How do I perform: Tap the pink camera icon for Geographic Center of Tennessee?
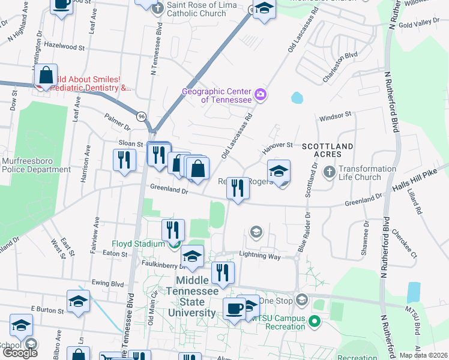click(261, 94)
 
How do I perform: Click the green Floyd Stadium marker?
click(173, 244)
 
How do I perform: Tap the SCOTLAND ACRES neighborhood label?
click(327, 151)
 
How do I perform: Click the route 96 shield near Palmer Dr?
click(141, 116)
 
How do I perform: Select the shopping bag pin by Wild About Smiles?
click(46, 76)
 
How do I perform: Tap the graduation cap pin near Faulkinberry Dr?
click(192, 257)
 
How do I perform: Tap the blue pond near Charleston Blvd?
click(297, 97)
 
